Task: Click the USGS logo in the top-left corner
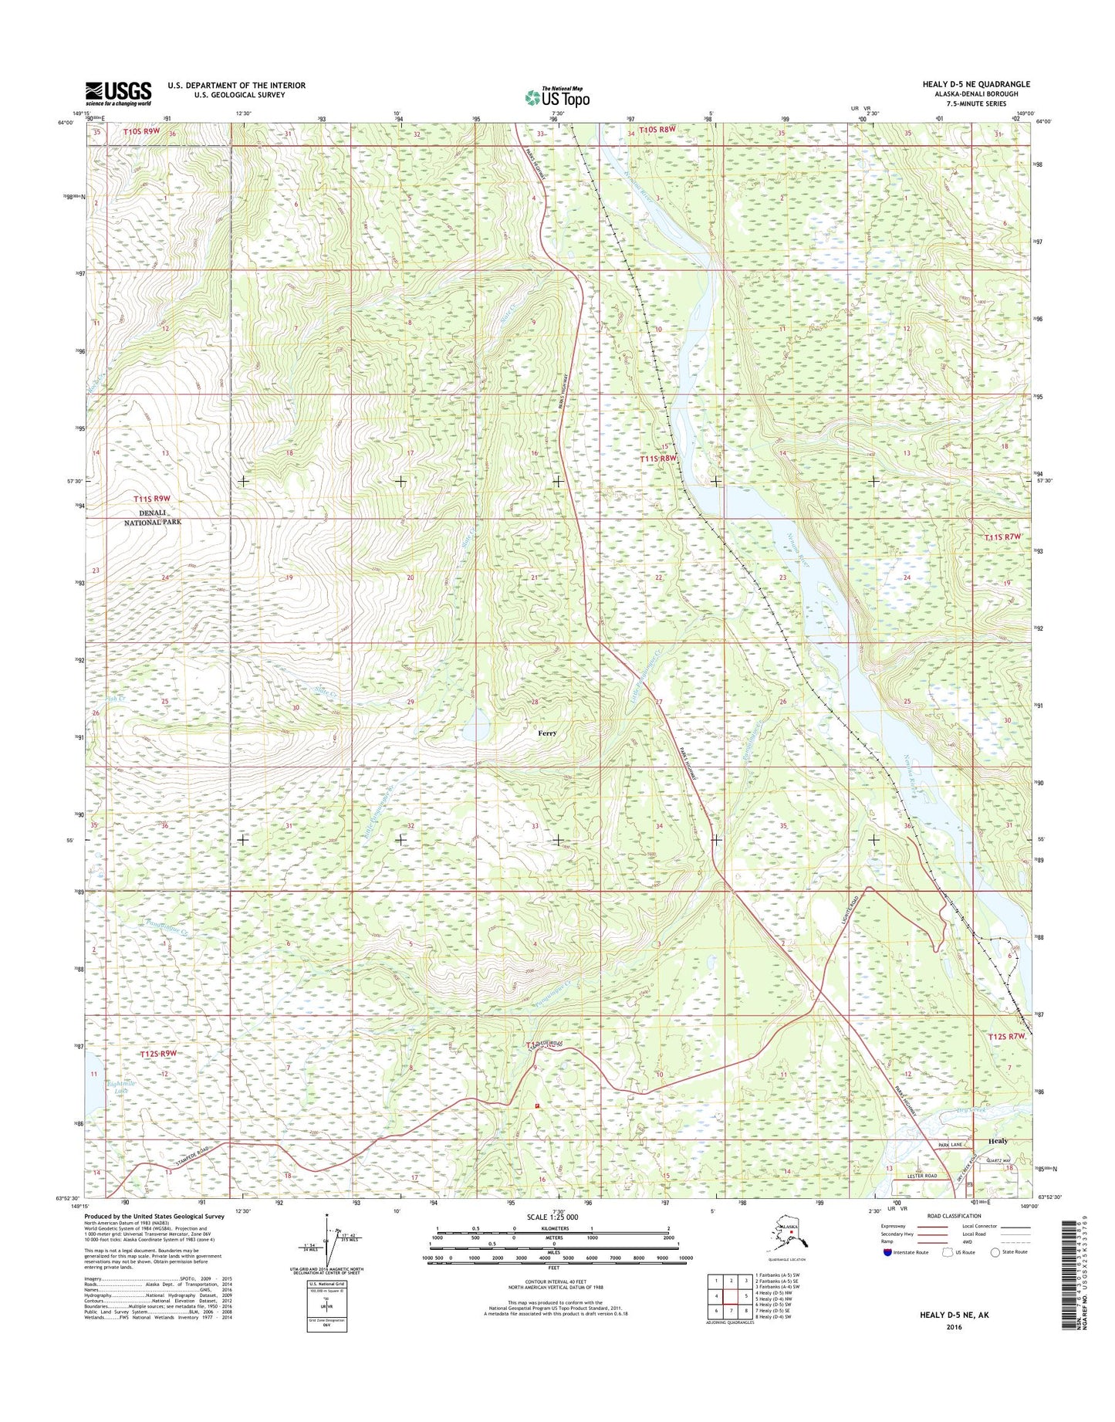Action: click(x=118, y=93)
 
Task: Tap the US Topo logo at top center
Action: click(x=557, y=97)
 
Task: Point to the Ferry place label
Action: click(x=547, y=733)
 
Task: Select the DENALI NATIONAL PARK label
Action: click(x=150, y=517)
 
